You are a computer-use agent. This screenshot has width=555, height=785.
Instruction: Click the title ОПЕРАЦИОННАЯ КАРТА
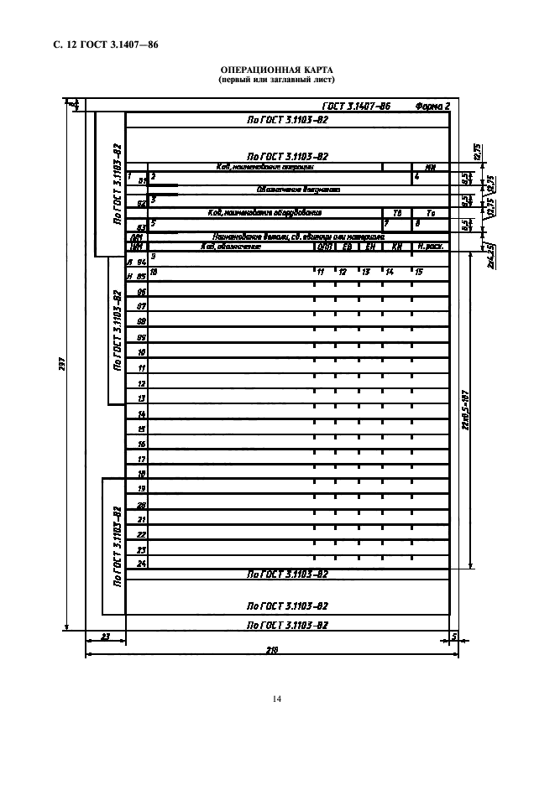coord(276,71)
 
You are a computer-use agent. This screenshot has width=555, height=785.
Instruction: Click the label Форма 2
coord(432,107)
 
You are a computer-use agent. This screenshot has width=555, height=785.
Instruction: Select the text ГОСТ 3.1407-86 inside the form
coord(356,107)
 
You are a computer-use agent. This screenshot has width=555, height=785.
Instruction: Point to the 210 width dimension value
coord(271,649)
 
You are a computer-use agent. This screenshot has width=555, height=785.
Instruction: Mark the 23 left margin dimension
coord(105,637)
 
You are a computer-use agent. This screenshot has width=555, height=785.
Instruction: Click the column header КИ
coord(397,247)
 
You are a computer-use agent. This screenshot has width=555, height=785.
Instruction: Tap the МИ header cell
coord(431,167)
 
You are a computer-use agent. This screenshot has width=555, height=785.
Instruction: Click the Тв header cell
coord(397,213)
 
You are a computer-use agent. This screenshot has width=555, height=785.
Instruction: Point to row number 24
coord(142,564)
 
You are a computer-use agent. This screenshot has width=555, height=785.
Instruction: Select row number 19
coord(142,488)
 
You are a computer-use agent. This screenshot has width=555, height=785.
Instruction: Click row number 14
coord(142,414)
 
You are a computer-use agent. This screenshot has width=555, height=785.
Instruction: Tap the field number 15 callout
coord(418,273)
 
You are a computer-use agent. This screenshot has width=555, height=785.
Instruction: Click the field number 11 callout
coord(321,273)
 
